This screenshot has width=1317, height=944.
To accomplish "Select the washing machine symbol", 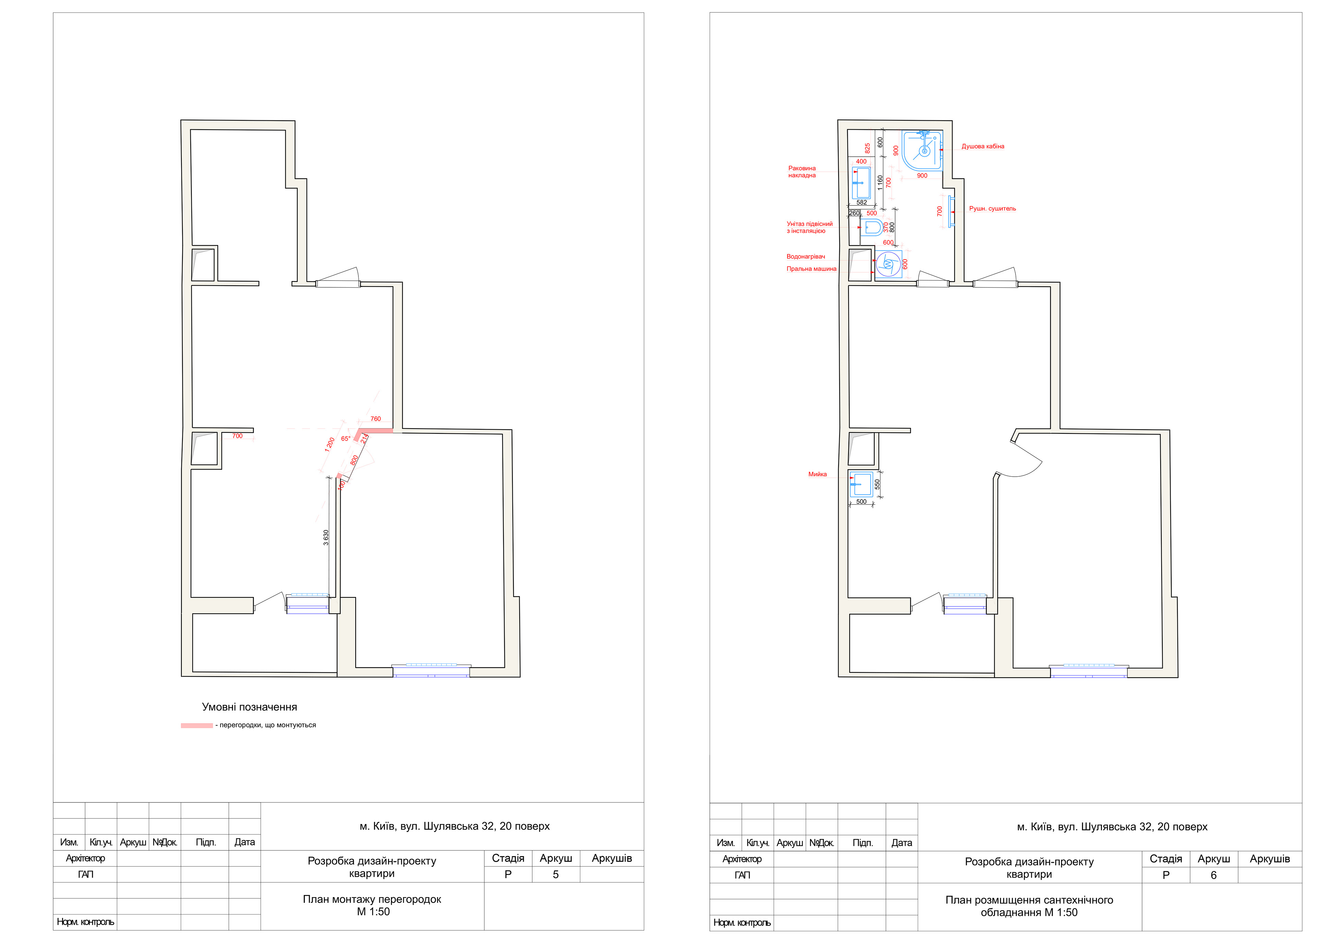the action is click(x=888, y=264).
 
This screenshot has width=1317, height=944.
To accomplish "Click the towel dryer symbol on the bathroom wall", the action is click(x=951, y=211).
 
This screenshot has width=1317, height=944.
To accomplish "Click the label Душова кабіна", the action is click(x=983, y=146).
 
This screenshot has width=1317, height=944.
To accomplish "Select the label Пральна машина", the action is click(x=811, y=269).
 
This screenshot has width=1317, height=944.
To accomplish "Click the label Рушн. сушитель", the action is click(x=993, y=208).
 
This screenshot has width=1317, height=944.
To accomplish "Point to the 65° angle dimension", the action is click(x=345, y=438).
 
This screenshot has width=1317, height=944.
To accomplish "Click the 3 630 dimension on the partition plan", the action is click(x=326, y=537).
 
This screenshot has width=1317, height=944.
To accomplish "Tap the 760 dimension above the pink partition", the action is click(x=376, y=419).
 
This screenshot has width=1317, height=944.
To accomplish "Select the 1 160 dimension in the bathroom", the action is click(x=880, y=183).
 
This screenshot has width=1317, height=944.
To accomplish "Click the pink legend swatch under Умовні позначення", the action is click(x=197, y=726).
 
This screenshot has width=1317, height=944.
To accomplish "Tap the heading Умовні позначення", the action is click(x=250, y=707).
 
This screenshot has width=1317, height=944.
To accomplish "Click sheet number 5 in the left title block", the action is click(x=556, y=874).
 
